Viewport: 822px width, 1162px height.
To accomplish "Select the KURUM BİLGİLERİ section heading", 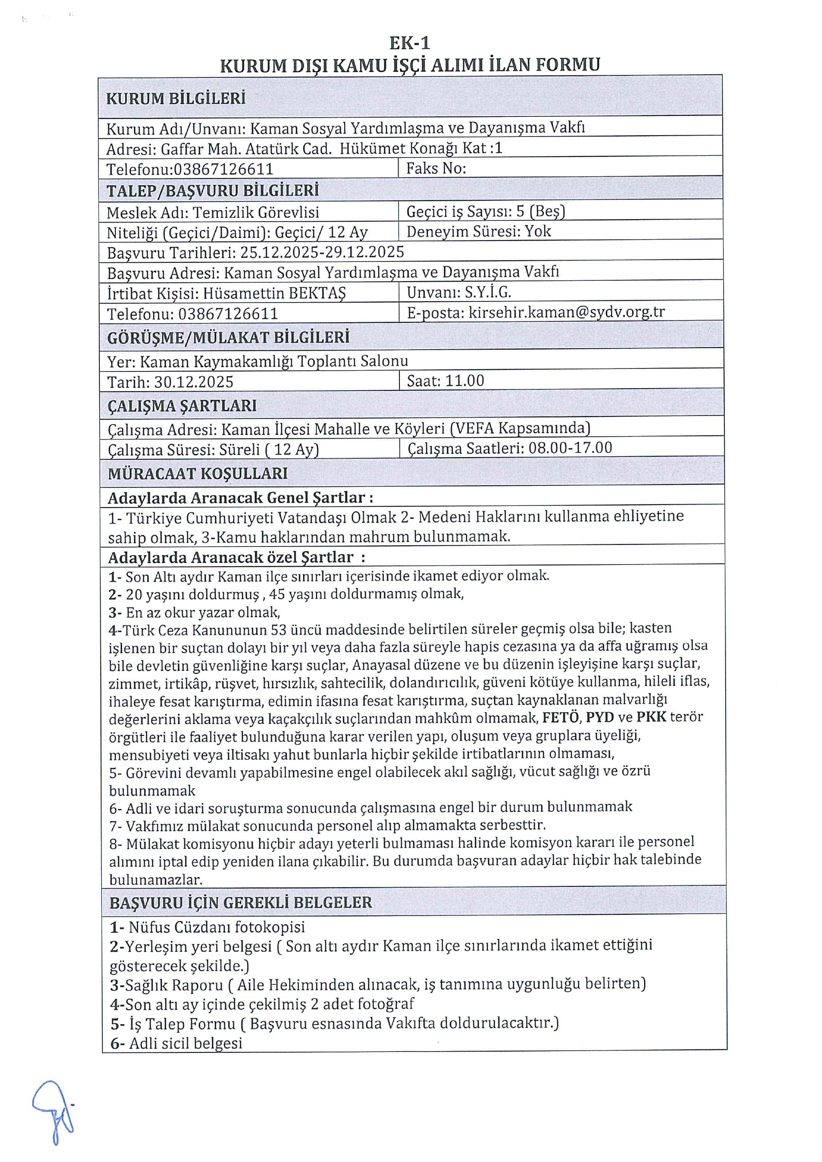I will (176, 98).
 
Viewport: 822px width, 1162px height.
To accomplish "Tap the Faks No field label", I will (436, 168).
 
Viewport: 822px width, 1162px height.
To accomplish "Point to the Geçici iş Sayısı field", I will (485, 211).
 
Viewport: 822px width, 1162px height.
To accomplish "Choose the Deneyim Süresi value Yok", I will (538, 231).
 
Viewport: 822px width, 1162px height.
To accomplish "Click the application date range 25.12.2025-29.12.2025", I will (322, 252).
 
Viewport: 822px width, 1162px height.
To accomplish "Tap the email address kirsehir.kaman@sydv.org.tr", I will (566, 312).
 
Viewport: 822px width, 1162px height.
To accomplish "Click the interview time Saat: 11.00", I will (445, 380).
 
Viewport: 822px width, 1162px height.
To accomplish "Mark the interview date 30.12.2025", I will (194, 382).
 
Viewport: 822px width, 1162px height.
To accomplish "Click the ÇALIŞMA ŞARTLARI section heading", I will (182, 405).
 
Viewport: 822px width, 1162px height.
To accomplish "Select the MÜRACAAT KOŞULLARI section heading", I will (197, 474).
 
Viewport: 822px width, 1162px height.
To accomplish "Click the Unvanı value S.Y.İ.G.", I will (488, 292).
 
